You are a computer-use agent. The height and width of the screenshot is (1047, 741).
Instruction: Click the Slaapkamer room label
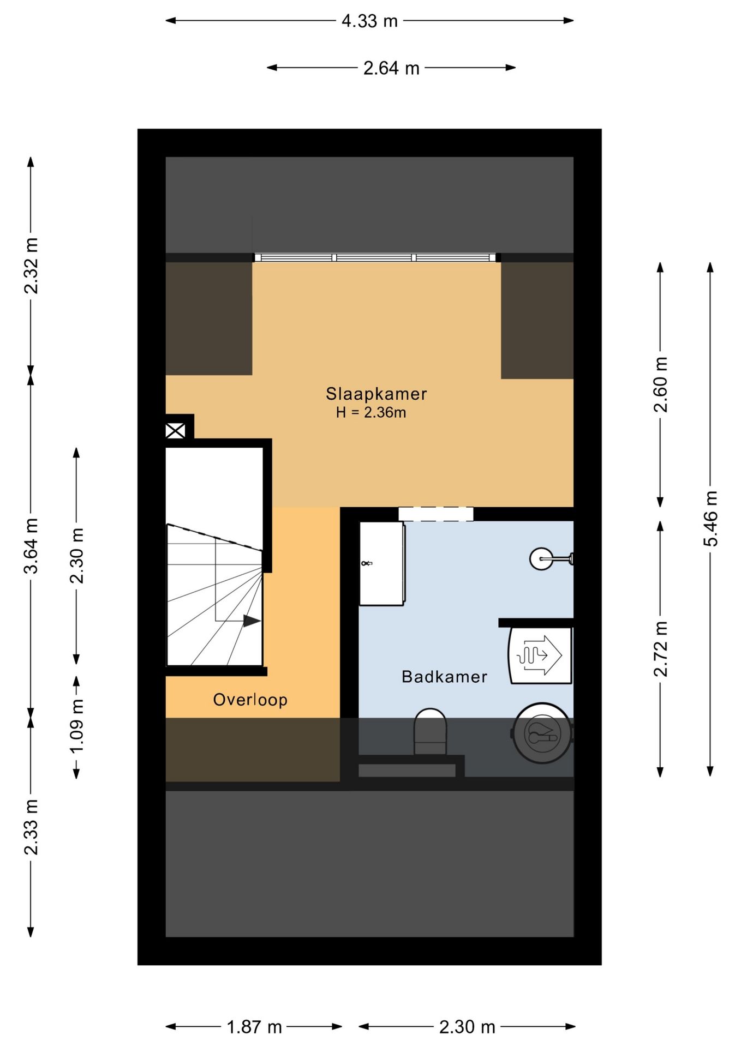[376, 394]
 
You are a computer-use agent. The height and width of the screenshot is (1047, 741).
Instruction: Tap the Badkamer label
[444, 677]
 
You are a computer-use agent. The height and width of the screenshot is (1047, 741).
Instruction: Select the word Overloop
[250, 700]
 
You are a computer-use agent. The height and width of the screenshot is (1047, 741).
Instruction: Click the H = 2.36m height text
[371, 412]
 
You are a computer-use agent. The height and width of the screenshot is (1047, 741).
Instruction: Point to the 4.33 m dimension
[369, 21]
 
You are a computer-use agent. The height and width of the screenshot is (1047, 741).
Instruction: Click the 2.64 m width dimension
[391, 68]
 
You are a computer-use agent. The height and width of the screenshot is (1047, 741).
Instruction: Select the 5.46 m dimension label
[710, 519]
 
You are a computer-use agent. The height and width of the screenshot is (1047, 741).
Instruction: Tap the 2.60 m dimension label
[660, 384]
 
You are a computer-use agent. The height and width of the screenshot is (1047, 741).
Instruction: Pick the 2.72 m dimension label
[660, 649]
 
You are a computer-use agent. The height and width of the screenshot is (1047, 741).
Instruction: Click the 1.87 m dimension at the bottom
[254, 1027]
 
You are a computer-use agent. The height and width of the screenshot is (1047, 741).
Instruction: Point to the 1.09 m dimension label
[77, 726]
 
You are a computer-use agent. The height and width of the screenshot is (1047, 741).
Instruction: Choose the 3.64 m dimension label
[31, 546]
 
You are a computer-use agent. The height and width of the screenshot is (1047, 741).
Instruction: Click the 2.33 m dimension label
[31, 827]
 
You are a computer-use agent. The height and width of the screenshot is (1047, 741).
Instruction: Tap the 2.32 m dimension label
[31, 266]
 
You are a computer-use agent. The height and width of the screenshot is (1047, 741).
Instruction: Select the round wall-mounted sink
[542, 559]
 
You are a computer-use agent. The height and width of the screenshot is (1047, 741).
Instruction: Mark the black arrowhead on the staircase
[252, 621]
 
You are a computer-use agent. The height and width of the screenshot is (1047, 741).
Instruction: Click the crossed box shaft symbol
[175, 431]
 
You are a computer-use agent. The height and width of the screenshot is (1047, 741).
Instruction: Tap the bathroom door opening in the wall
[435, 514]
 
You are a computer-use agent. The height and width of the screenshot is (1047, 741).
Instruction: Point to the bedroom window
[375, 257]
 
